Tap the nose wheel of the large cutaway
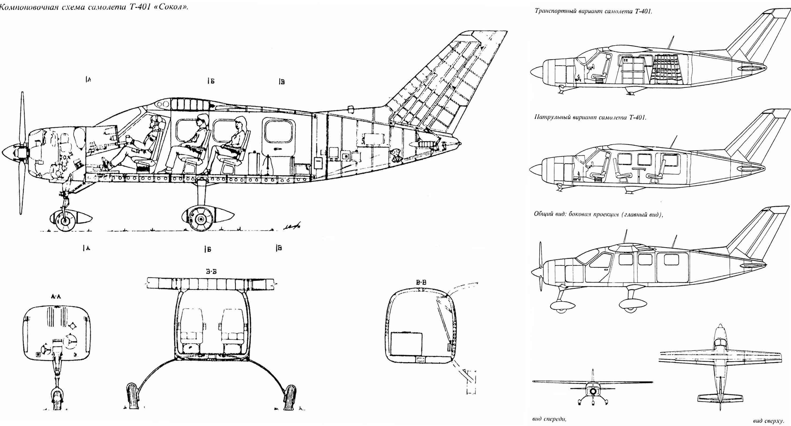pos(64,221)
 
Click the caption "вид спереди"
pos(549,419)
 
